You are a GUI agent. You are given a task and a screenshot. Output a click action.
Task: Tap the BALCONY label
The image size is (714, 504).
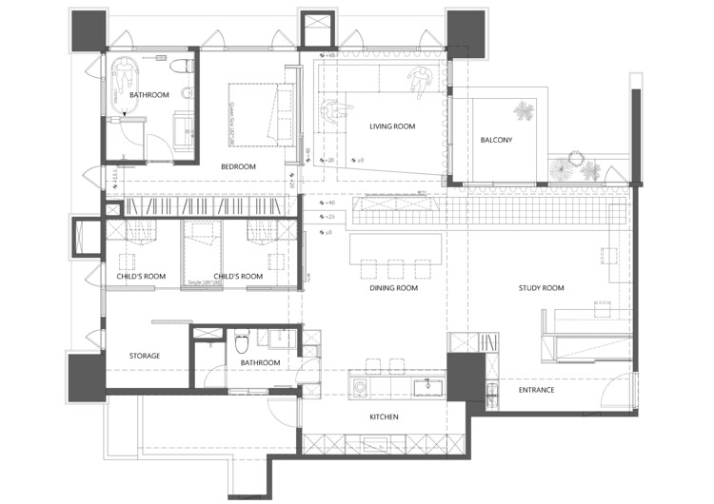[x=496, y=141]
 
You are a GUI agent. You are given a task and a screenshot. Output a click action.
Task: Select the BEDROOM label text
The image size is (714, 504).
[x=238, y=167]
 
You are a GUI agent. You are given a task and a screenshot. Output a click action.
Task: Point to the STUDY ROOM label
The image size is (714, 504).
[x=541, y=288]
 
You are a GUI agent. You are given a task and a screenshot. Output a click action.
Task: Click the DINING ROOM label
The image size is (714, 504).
[x=394, y=288]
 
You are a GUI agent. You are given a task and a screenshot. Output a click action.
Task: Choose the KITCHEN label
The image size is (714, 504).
[x=383, y=417]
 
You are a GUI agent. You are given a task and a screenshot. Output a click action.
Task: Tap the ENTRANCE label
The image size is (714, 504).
[x=536, y=391]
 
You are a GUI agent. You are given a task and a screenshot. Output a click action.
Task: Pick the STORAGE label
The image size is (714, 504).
[x=145, y=357]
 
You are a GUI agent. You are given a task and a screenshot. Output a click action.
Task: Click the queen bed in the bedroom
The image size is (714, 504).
[x=259, y=114]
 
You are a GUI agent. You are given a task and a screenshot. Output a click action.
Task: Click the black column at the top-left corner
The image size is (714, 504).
[x=88, y=30]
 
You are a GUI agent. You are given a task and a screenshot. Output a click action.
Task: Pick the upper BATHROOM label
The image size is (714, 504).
[x=149, y=95]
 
